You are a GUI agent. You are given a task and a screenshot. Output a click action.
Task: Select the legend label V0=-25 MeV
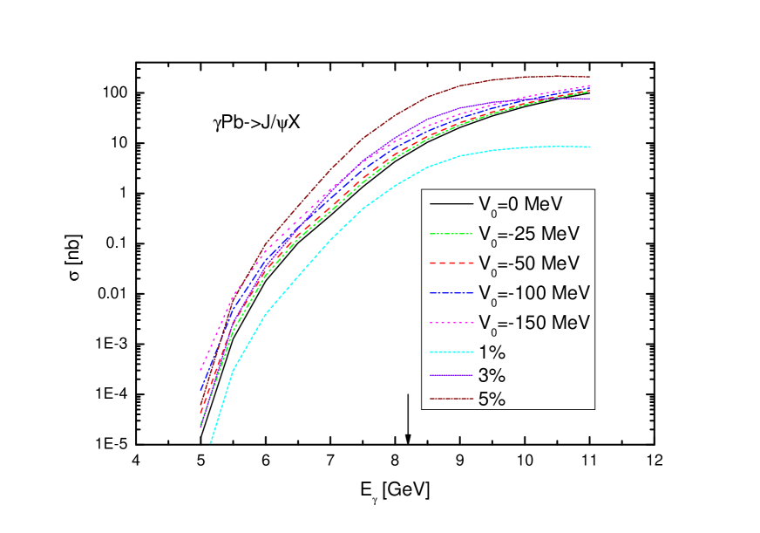pos(529,234)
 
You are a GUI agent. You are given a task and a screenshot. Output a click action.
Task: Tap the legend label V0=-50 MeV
pos(529,263)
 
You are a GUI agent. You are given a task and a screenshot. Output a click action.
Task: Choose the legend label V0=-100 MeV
pos(533,292)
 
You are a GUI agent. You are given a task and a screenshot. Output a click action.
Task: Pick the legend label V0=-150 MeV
pos(533,322)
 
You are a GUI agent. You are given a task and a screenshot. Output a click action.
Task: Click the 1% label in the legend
pos(492,353)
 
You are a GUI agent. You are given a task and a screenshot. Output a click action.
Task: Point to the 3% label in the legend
pos(492,376)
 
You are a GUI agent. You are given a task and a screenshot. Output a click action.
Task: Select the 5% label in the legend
pos(492,400)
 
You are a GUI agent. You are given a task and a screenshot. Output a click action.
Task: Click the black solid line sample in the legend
pos(450,204)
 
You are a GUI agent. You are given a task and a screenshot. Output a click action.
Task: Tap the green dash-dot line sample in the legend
pos(450,234)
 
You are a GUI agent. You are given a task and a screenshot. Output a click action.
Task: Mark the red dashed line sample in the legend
pos(450,263)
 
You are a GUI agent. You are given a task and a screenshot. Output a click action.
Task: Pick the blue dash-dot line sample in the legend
pos(450,292)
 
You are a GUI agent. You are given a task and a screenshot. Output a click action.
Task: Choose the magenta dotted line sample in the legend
pos(450,322)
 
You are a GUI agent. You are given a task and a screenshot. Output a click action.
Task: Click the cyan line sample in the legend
pos(450,353)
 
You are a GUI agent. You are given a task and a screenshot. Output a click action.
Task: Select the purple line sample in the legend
pos(450,376)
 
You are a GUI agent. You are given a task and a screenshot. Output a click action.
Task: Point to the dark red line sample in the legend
pos(450,400)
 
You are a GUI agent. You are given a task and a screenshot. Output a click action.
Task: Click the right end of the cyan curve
pos(590,147)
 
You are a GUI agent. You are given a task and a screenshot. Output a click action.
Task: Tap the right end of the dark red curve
pos(590,78)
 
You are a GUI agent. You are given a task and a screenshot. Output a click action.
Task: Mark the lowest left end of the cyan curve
pos(211,443)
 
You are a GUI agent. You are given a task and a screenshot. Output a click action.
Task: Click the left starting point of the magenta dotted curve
pos(200,369)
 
